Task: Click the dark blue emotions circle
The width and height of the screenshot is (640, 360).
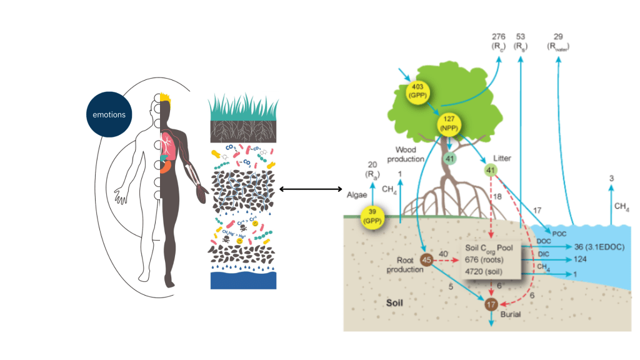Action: tap(109, 114)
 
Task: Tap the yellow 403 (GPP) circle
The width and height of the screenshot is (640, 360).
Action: tap(418, 92)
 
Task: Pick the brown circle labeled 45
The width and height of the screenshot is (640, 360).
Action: tap(427, 260)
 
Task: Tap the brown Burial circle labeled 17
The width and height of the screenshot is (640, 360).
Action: tap(492, 304)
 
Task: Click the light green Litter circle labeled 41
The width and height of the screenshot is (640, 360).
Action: tap(490, 169)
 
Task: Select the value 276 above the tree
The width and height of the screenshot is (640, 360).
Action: tap(497, 39)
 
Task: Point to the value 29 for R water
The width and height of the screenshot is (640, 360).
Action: tap(558, 39)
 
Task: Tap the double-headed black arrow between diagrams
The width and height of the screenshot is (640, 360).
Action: tap(311, 189)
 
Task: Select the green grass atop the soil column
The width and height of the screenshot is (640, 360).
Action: tap(241, 106)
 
